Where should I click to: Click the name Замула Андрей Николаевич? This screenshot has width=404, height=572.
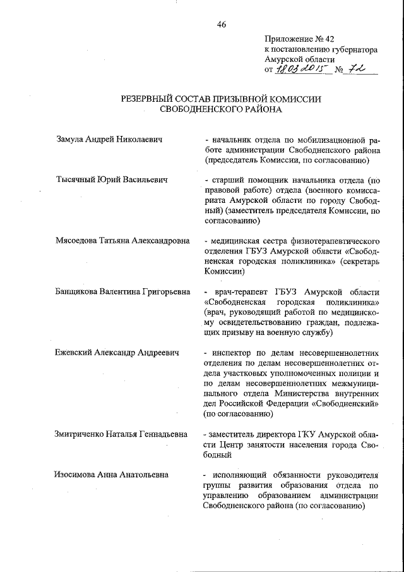pyautogui.click(x=109, y=138)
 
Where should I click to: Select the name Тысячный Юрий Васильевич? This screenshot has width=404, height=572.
pyautogui.click(x=112, y=180)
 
